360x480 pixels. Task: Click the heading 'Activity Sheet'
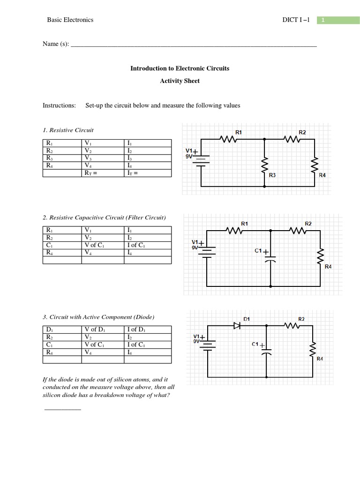pyautogui.click(x=180, y=81)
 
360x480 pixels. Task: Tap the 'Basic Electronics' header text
pyautogui.click(x=70, y=20)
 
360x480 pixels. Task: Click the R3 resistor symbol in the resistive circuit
pyautogui.click(x=264, y=165)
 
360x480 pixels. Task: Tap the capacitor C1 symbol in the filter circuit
pyautogui.click(x=271, y=256)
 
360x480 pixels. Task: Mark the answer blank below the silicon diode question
pyautogui.click(x=62, y=409)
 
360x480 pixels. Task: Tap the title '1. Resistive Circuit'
pyautogui.click(x=68, y=130)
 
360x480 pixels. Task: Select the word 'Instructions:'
pyautogui.click(x=59, y=105)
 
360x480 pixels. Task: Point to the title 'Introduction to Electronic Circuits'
pyautogui.click(x=180, y=68)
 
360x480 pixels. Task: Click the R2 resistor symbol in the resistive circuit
pyautogui.click(x=293, y=139)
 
